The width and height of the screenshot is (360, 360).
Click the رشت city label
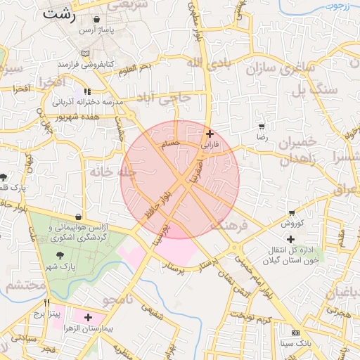click(x=58, y=14)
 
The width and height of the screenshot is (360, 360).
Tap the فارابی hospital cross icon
click(x=210, y=133)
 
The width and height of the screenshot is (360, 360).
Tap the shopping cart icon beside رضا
click(x=262, y=127)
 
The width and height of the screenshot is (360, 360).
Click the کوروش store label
click(x=292, y=224)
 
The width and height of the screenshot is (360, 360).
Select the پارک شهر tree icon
click(x=60, y=255)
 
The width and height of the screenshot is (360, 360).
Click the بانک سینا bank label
click(x=295, y=342)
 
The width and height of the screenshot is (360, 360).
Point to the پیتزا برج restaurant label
click(x=51, y=314)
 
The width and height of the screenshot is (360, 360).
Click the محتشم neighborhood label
click(x=25, y=285)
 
